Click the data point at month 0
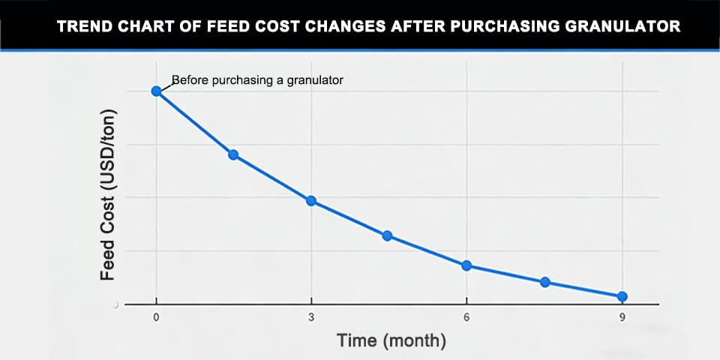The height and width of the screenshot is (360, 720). pos(156,91)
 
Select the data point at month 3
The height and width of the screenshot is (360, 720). pos(310,201)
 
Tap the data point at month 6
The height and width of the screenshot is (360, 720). pos(466,265)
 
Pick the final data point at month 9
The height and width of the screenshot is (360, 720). pos(622,297)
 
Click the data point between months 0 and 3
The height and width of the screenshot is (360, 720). pos(233,154)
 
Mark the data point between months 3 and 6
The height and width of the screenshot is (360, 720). pos(388,235)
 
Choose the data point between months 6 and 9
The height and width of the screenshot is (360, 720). pos(545,282)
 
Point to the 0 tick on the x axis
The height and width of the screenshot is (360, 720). pos(156,318)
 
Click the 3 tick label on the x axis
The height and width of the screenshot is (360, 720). pos(311,318)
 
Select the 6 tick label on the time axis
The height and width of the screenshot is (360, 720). pos(466,318)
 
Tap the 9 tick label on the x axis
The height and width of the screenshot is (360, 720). pos(622,318)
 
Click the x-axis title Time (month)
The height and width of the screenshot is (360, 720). pos(391,341)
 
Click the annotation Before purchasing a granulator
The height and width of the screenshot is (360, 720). pos(257,79)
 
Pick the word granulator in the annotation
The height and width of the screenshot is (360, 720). pos(316,79)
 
